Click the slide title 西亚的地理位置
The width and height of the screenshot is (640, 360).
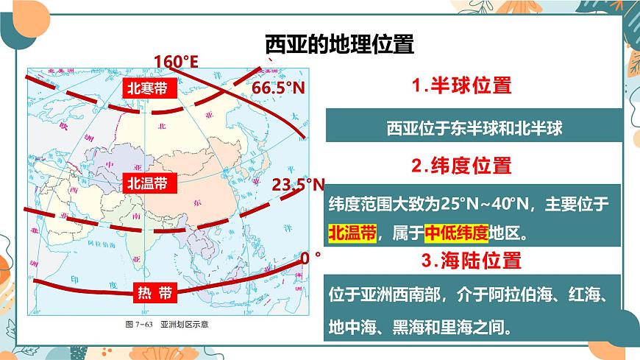pyautogui.click(x=339, y=45)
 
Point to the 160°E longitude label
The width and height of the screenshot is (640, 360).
pyautogui.click(x=176, y=61)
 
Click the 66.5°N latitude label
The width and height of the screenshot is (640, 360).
pyautogui.click(x=279, y=88)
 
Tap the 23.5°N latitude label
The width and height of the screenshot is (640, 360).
pyautogui.click(x=298, y=185)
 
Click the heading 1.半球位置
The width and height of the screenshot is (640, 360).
pyautogui.click(x=461, y=85)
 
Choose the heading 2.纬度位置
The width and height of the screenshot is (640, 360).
pyautogui.click(x=461, y=166)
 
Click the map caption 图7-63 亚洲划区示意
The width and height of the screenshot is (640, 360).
pyautogui.click(x=168, y=325)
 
